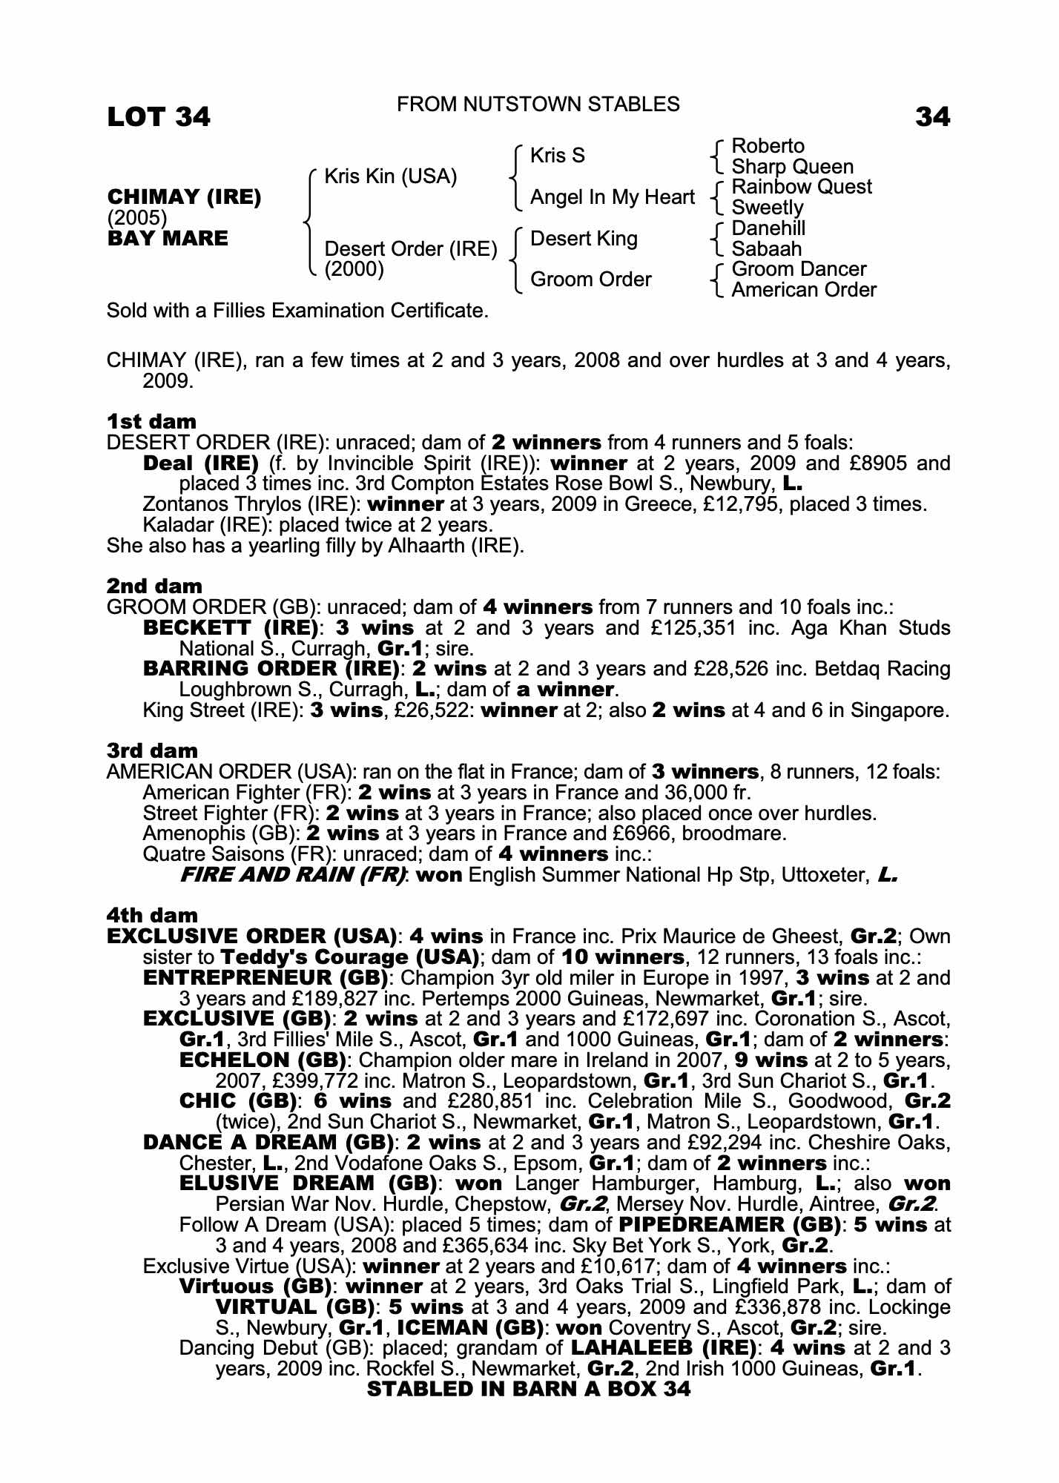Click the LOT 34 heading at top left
tap(159, 116)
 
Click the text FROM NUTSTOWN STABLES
tap(538, 105)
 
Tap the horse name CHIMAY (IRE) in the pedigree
tap(184, 197)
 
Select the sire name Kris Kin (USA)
tap(391, 176)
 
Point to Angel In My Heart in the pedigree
tap(612, 197)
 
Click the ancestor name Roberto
tap(768, 146)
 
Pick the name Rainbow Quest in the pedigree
tap(801, 187)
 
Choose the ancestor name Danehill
tap(768, 228)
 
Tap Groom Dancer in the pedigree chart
tap(798, 269)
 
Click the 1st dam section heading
tap(151, 422)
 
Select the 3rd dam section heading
tap(152, 751)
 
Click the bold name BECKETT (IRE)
tap(231, 628)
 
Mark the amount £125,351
tap(697, 628)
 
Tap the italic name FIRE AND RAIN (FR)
tap(293, 875)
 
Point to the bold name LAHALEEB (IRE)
tap(663, 1348)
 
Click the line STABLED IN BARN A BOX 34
tap(528, 1390)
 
